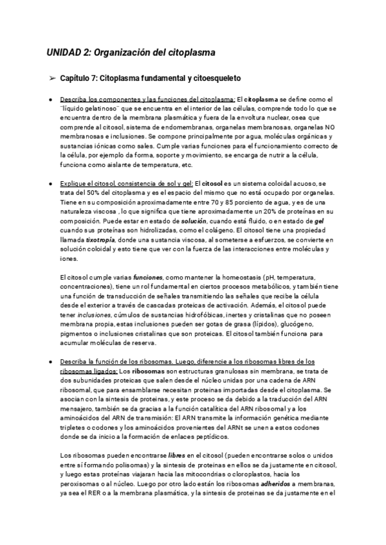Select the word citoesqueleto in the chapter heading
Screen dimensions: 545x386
pos(217,78)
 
